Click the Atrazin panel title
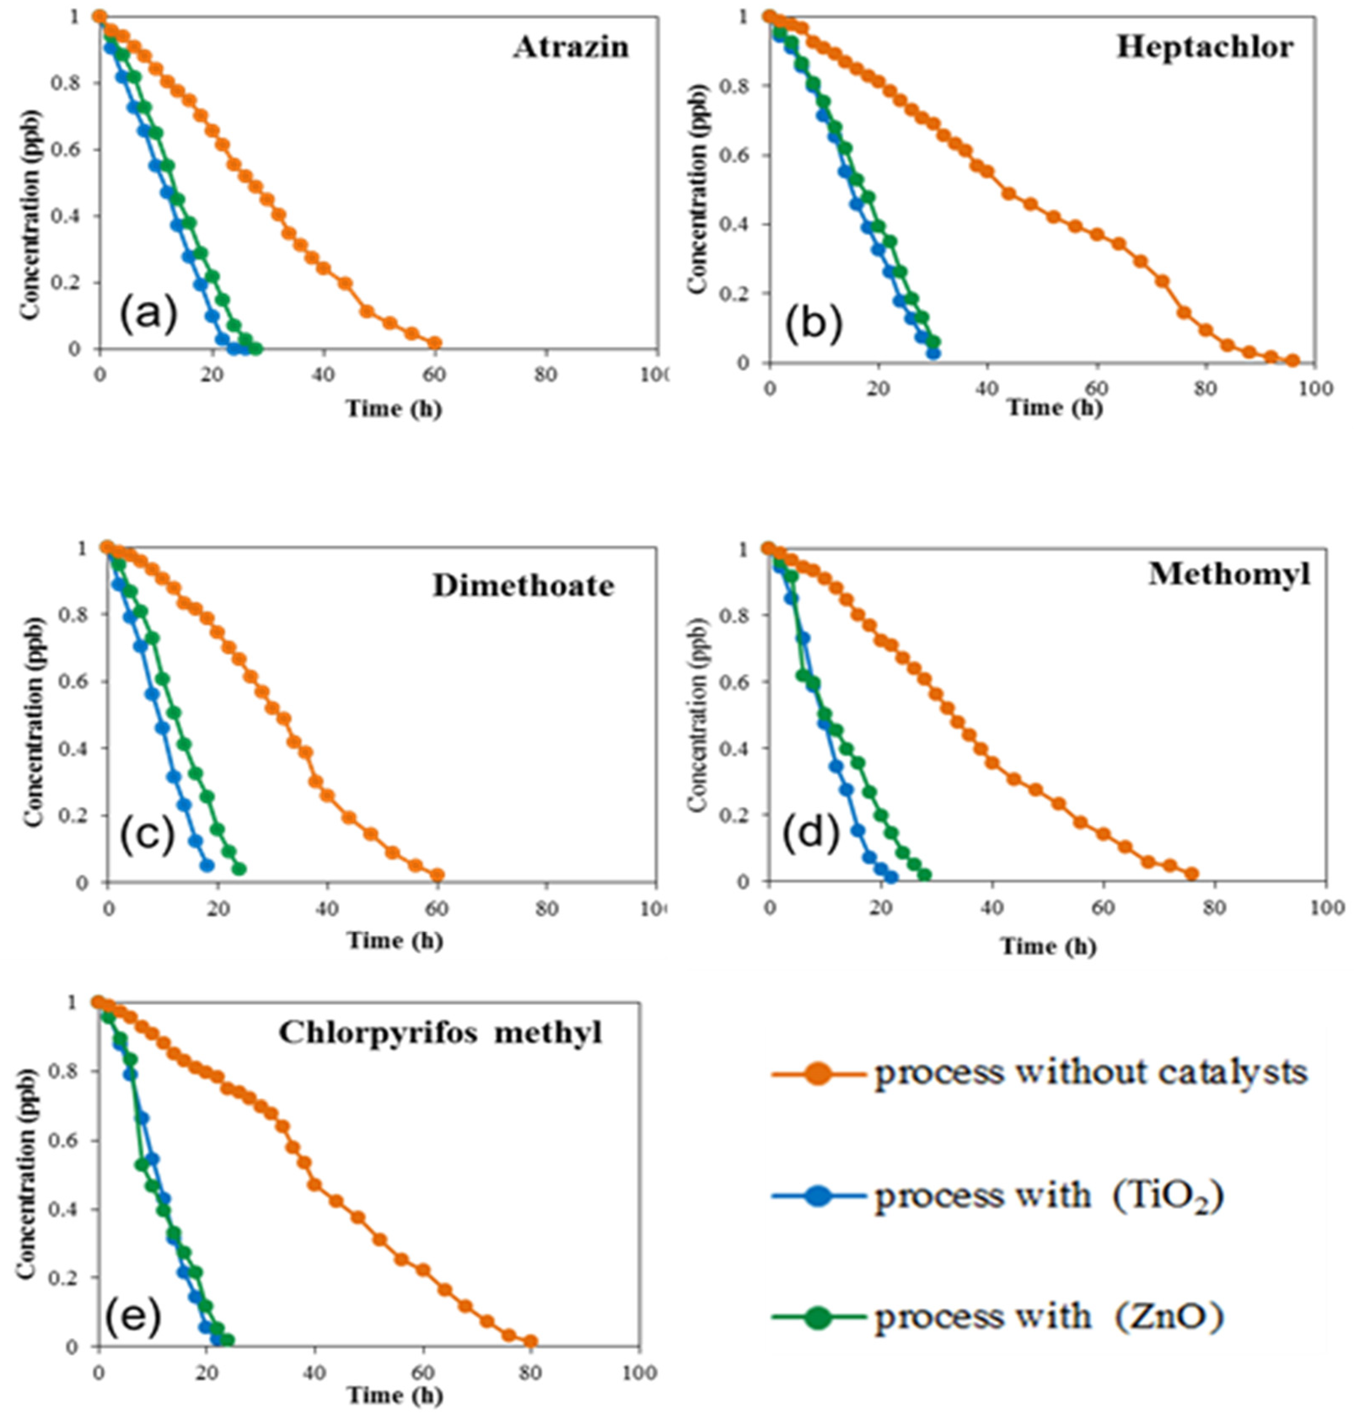point(571,48)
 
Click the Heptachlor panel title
point(1204,48)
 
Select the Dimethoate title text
point(523,586)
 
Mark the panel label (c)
point(147,835)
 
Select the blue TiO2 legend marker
point(818,1196)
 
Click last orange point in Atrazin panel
point(434,343)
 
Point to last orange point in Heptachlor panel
point(1292,360)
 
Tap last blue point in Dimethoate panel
point(208,865)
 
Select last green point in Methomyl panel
point(925,875)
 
